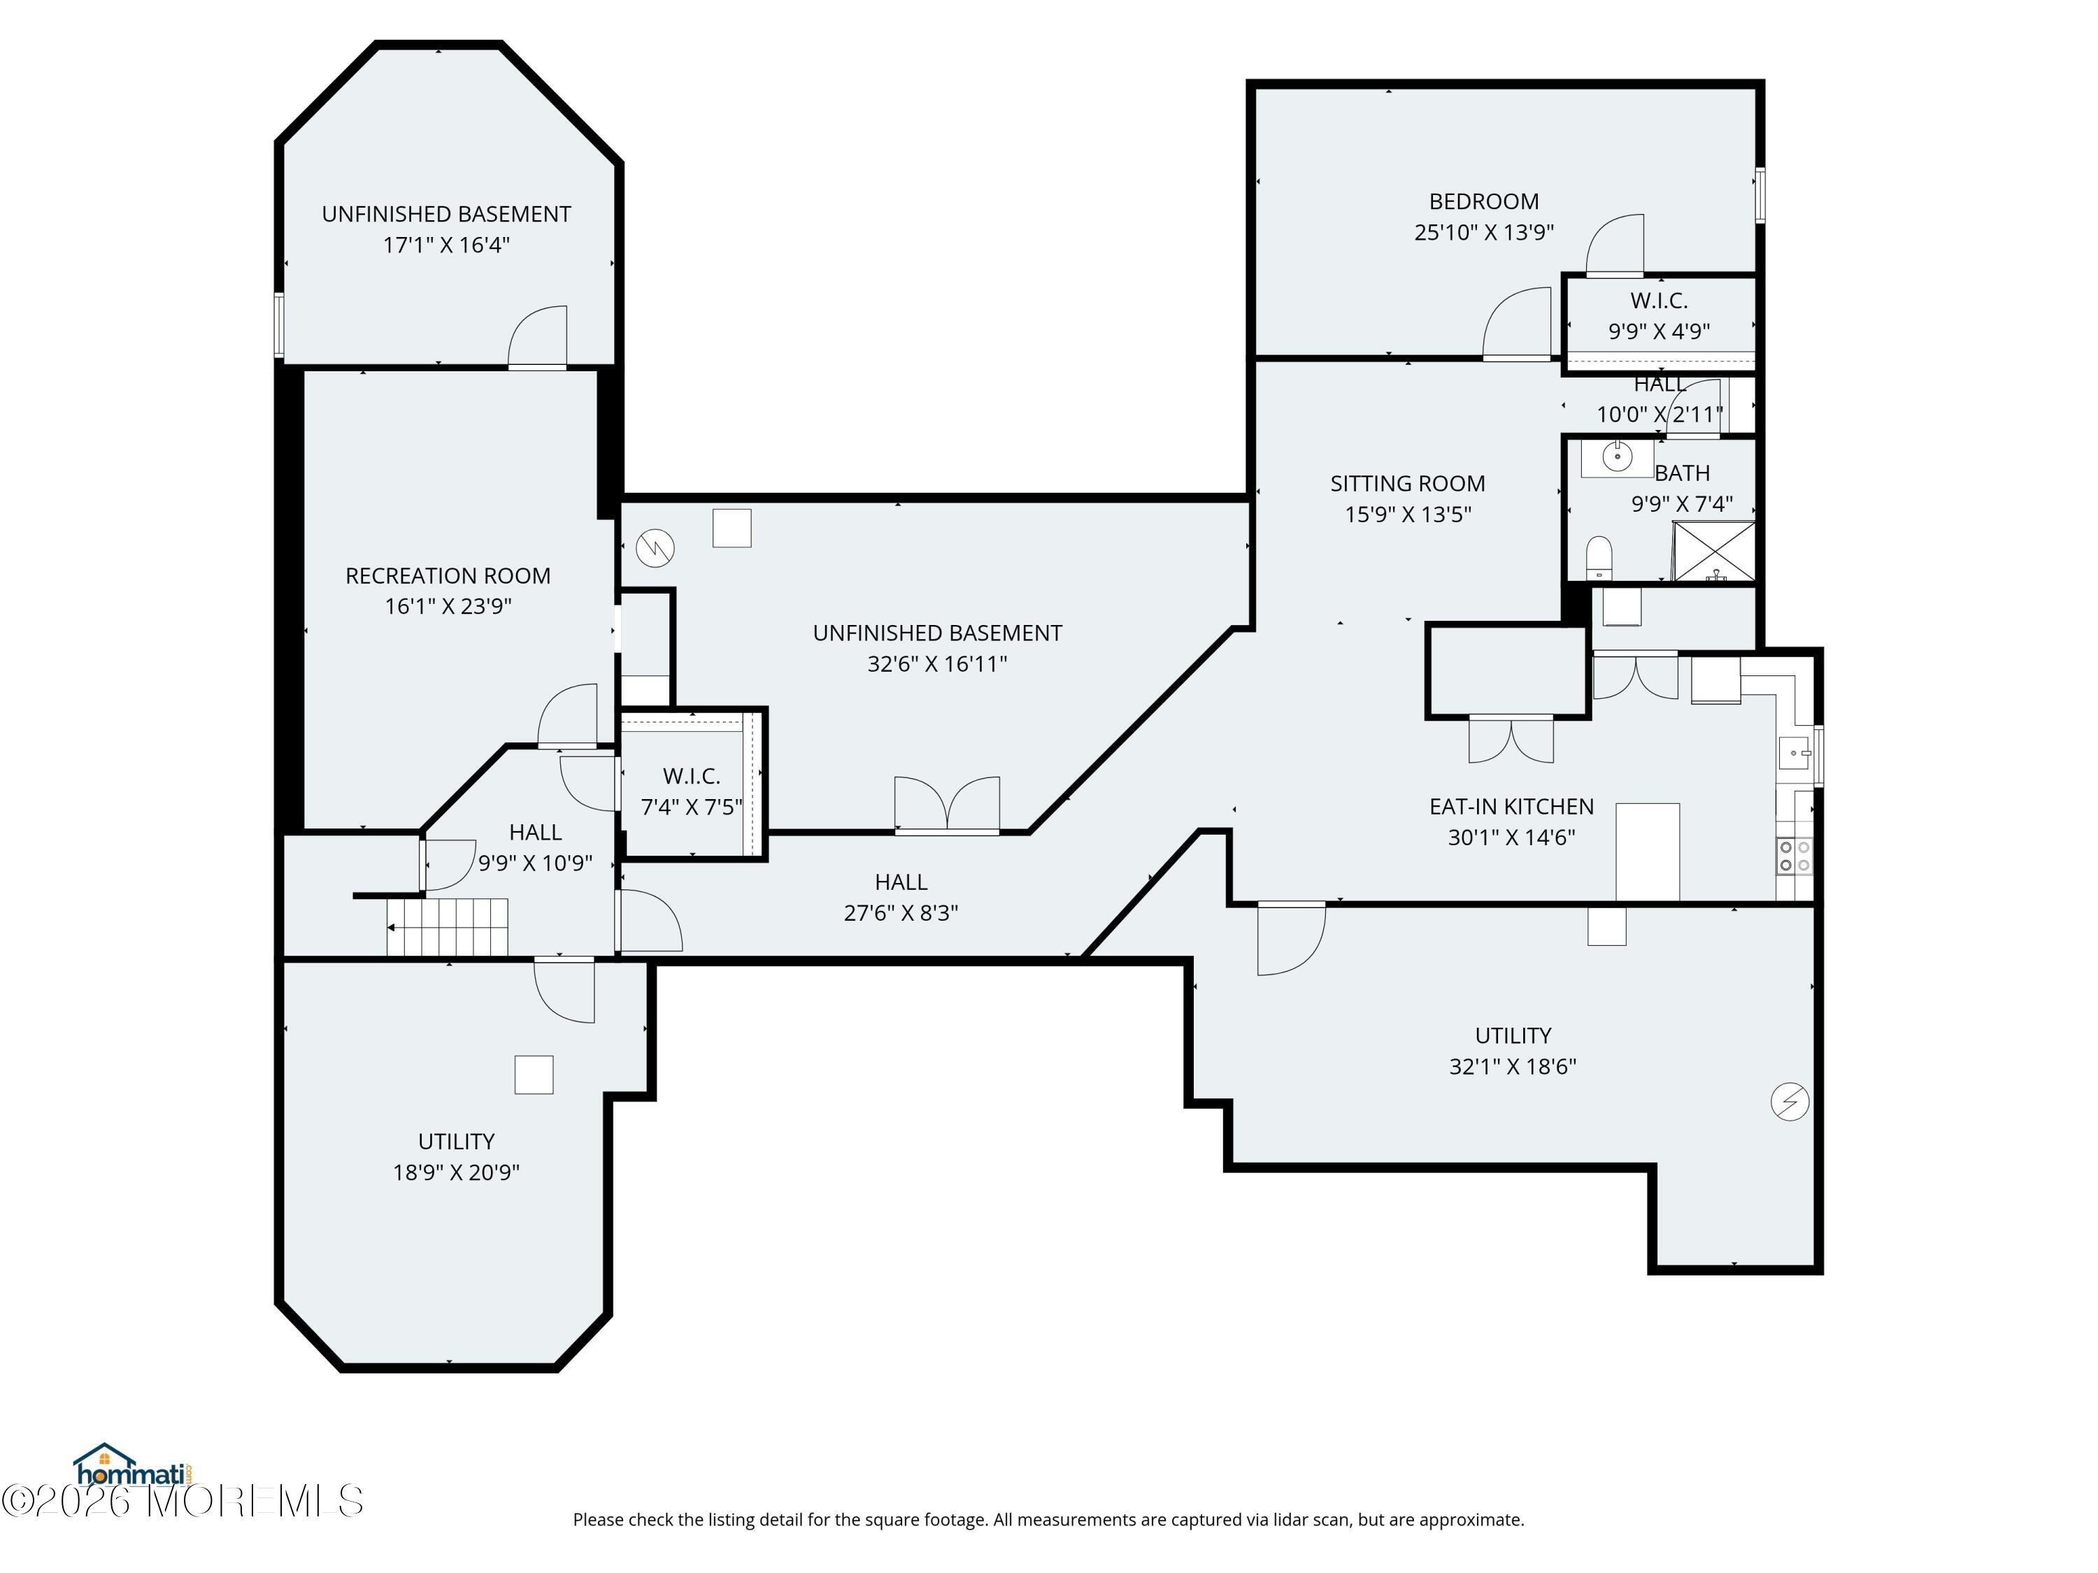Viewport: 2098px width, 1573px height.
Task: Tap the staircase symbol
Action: [x=447, y=927]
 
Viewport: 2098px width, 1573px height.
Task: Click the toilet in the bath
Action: [x=1599, y=557]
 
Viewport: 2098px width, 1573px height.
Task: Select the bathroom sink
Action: [x=1616, y=458]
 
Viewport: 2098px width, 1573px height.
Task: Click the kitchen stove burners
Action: [x=1794, y=855]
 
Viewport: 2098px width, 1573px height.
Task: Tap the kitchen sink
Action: [x=1794, y=753]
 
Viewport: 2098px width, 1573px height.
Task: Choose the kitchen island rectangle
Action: [x=1648, y=852]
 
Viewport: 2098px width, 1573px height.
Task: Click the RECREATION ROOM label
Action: [x=448, y=575]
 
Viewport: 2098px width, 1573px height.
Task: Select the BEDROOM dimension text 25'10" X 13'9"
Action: [x=1485, y=232]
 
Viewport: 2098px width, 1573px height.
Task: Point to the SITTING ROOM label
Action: [x=1408, y=484]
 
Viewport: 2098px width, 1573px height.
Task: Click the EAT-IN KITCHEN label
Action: [x=1512, y=807]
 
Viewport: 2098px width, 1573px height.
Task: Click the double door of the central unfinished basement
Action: [x=947, y=806]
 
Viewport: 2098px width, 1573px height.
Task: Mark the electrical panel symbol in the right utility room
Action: [x=1790, y=1102]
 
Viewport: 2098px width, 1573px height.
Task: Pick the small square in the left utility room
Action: [x=534, y=1075]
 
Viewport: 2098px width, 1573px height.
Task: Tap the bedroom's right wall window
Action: [x=1760, y=195]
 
